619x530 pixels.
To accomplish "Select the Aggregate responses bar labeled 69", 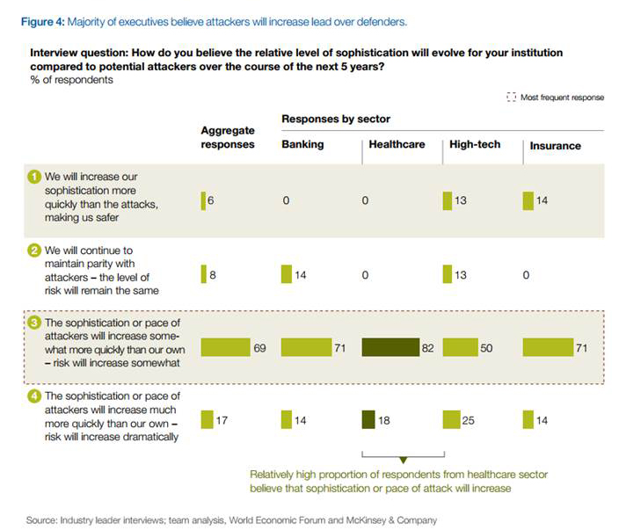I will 225,347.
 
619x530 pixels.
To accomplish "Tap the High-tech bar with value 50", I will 459,347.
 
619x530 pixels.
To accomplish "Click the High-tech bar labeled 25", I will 451,420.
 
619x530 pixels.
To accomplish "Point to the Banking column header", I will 302,145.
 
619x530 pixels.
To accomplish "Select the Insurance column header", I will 555,146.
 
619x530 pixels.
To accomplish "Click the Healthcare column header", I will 396,145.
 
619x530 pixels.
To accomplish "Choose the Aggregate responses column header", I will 228,138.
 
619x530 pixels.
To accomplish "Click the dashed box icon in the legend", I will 512,98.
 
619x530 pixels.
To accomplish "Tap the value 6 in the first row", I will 212,201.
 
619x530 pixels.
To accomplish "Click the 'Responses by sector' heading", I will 336,119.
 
